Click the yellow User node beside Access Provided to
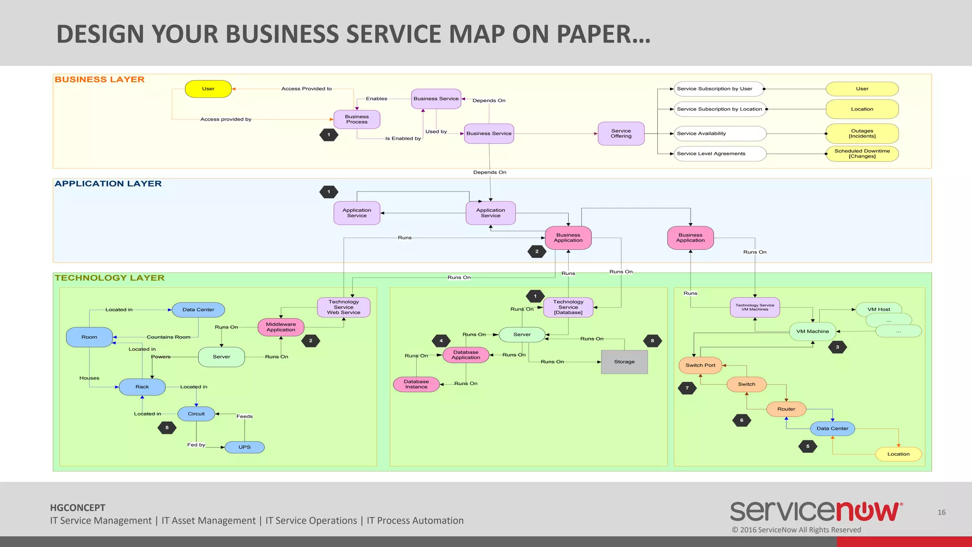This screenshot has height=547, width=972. click(208, 89)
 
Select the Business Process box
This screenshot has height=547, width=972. click(356, 119)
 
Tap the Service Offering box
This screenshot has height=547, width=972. click(621, 133)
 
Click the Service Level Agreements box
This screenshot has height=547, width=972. click(720, 154)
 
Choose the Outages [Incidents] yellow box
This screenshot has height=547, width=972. click(862, 133)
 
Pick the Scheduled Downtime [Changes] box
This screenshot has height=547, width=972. click(862, 154)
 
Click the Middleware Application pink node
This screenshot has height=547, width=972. click(280, 327)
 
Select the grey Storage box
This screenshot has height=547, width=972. click(624, 362)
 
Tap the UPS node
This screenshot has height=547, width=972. click(244, 447)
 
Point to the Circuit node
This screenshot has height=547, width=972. click(196, 414)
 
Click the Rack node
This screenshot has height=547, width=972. click(142, 387)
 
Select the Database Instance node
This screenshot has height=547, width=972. click(416, 384)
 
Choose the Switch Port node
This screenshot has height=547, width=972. click(700, 366)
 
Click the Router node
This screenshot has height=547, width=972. click(786, 409)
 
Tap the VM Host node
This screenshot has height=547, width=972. click(879, 310)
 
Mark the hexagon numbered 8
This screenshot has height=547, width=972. click(652, 341)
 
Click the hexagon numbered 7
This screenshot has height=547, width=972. click(687, 388)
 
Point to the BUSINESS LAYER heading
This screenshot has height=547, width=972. click(100, 80)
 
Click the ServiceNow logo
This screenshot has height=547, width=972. click(816, 512)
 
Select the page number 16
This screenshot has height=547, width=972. click(942, 512)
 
